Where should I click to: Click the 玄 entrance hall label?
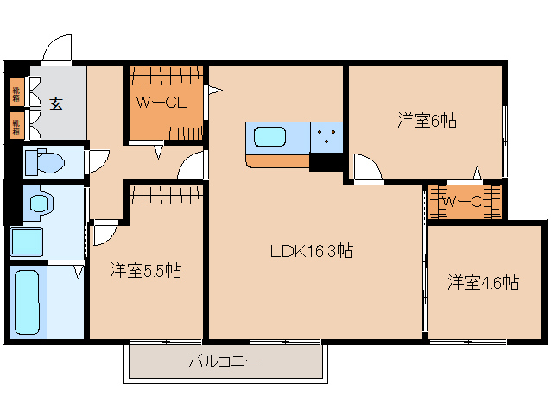pos(56,104)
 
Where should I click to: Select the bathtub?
pos(28,301)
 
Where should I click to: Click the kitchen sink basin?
pos(269,136)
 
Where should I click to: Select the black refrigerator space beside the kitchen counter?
pos(326,161)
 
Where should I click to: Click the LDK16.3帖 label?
pos(311,251)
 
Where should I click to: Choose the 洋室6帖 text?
pos(427,121)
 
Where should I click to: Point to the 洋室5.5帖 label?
pos(145,271)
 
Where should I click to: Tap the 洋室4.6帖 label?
pos(483,281)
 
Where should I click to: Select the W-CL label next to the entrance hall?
pos(161,103)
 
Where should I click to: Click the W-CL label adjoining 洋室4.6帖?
pos(467,202)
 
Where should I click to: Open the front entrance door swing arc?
pos(58,50)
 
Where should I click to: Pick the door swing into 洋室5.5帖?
pos(104,230)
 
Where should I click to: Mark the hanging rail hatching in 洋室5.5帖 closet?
pos(166,193)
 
